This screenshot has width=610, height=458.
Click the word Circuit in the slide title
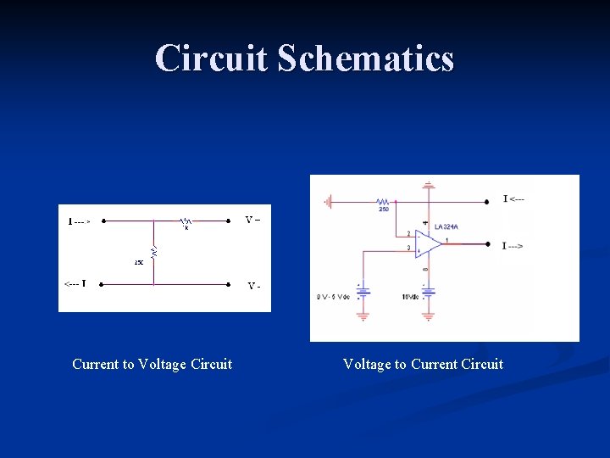point(212,59)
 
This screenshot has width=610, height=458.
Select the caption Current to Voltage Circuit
point(152,364)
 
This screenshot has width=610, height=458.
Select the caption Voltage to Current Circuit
point(423,364)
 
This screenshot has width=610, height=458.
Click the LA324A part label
point(446,226)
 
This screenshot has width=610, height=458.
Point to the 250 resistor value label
point(384,209)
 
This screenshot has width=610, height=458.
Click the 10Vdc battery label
point(410,296)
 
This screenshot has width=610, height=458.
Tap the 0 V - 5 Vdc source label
point(333,296)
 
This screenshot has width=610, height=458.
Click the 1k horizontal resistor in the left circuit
point(184,221)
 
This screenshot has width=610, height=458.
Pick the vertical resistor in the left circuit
point(153,252)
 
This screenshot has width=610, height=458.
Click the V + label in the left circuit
point(252,221)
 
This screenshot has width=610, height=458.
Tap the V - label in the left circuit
point(253,286)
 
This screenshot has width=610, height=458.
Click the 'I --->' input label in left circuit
point(80,221)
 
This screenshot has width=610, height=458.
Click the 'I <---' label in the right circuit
point(513,199)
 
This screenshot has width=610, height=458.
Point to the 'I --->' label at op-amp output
point(513,246)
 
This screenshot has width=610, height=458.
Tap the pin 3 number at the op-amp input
point(408,248)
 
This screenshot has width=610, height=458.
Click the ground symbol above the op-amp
point(430,183)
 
